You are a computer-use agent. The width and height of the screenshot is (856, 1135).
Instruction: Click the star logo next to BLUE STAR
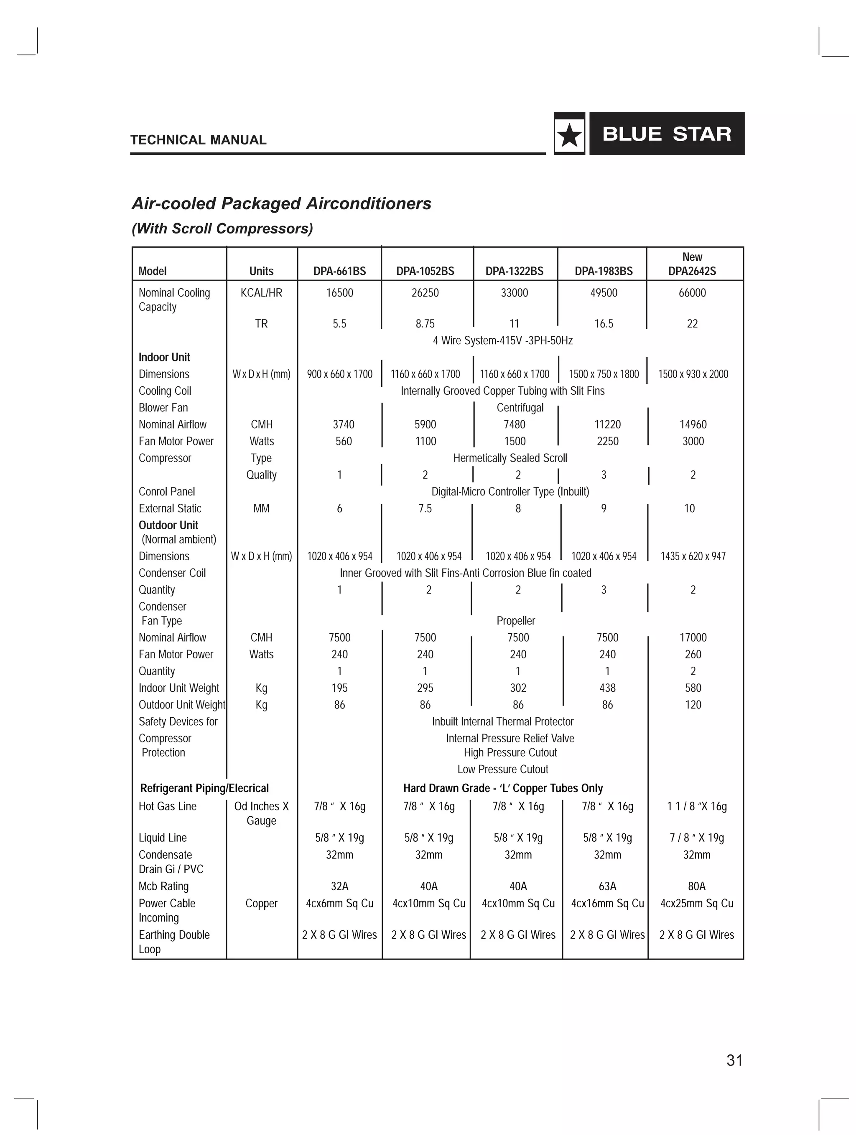pyautogui.click(x=569, y=135)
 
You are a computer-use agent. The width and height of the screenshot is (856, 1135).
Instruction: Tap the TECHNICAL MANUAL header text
pyautogui.click(x=198, y=140)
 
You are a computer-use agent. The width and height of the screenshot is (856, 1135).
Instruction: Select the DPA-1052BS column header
pyautogui.click(x=425, y=271)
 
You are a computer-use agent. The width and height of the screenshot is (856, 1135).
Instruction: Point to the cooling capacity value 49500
pyautogui.click(x=604, y=293)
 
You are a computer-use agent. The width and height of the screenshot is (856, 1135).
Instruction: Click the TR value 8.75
pyautogui.click(x=425, y=324)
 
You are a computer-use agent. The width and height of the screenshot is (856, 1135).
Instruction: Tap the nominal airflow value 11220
pyautogui.click(x=607, y=424)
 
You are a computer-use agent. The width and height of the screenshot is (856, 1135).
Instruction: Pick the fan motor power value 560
pyautogui.click(x=344, y=441)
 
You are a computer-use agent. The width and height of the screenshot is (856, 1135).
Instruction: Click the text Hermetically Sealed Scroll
pyautogui.click(x=510, y=458)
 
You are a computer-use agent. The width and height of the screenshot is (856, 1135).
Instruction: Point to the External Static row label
pyautogui.click(x=170, y=508)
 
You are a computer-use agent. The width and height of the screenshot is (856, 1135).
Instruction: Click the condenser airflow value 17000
pyautogui.click(x=693, y=638)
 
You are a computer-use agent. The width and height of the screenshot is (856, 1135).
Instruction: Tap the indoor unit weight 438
pyautogui.click(x=607, y=688)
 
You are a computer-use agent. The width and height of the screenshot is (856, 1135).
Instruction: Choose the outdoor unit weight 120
pyautogui.click(x=693, y=705)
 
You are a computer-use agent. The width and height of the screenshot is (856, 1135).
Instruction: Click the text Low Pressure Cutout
pyautogui.click(x=503, y=769)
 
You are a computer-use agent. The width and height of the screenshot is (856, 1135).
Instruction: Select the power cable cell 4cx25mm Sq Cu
pyautogui.click(x=696, y=903)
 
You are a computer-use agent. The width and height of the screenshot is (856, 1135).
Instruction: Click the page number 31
pyautogui.click(x=734, y=1060)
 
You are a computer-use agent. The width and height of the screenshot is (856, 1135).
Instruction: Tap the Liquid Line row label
pyautogui.click(x=163, y=838)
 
